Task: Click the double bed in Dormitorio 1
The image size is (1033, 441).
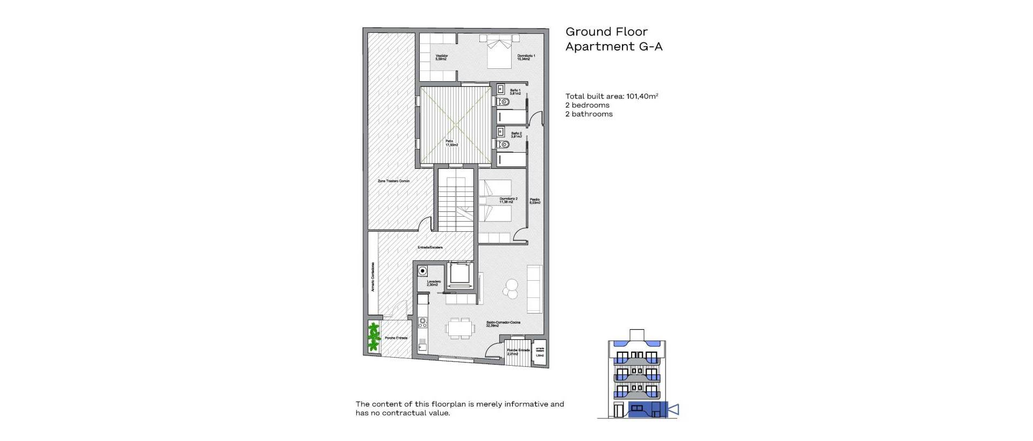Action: (500, 52)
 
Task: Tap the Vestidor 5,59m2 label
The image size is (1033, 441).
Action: (441, 57)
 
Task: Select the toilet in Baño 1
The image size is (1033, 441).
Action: (504, 102)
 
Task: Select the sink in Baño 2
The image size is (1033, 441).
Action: (500, 131)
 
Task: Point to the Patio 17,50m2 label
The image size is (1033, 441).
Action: (451, 143)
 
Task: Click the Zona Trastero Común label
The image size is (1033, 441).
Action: (393, 181)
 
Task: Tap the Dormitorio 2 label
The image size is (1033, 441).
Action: (508, 200)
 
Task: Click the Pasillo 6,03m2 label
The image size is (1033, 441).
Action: (535, 201)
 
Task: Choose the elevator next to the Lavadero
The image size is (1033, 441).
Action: (460, 274)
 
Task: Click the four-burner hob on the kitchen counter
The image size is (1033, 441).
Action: (423, 323)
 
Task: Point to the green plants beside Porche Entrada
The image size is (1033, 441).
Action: (373, 337)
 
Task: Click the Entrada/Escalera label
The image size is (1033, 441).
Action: (430, 247)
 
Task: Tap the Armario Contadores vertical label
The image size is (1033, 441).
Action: (372, 278)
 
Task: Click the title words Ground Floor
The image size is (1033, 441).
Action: (606, 32)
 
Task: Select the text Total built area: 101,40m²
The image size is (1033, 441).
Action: (612, 96)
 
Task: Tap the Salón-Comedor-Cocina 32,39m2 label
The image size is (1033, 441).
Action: (503, 324)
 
